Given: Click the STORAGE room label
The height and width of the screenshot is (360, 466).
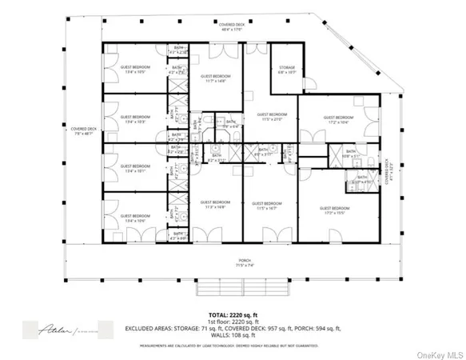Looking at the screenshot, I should point(286,67).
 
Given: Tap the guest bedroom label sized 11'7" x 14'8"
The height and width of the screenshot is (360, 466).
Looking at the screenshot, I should point(215,78).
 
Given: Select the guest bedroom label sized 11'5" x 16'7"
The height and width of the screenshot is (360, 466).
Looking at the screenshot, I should point(262,203).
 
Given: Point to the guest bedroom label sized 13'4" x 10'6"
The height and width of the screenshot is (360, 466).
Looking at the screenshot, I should point(134,216).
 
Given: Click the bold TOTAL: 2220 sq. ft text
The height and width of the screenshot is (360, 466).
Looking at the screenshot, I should point(233,314).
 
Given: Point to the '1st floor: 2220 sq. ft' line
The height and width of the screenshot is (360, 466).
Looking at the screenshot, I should point(233,322).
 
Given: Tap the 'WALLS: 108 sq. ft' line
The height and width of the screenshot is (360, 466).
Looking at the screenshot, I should point(233,336).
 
